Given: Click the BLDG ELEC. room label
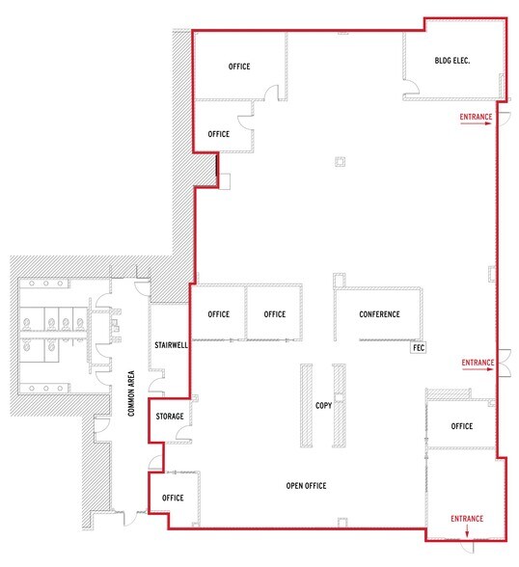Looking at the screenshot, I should coord(453,62).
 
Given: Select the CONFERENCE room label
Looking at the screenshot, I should coord(379,314).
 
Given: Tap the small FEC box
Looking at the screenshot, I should coord(419,345).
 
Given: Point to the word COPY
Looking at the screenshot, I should coord(323,406).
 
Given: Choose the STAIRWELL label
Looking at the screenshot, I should coord(170,344).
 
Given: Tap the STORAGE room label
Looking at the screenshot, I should coord(170,417).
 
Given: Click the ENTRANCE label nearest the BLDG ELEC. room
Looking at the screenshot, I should coord(476,118).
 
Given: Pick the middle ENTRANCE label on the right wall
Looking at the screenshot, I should coord(478,363).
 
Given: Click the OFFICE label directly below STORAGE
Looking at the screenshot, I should coord(173,498).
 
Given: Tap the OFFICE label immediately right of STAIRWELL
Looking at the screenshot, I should coord(219,314).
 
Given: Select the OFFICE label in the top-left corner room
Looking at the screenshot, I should coord(239,67).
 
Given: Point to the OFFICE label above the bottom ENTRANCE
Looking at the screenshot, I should coord(461,425).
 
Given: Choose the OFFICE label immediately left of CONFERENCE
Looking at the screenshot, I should coord(275,314).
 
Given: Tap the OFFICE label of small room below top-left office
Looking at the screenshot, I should coord(219,134).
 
